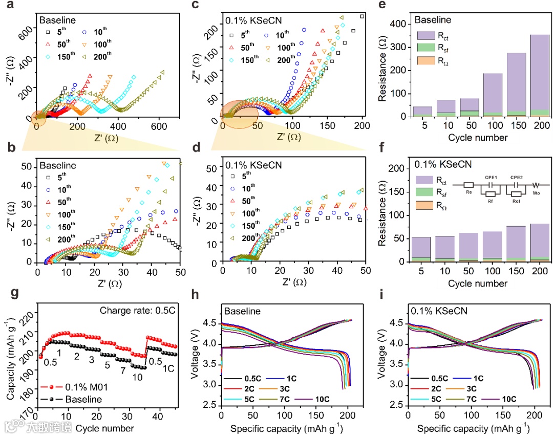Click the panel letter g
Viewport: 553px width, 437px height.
[11, 293]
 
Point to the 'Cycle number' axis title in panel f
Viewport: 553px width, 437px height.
[478, 282]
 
